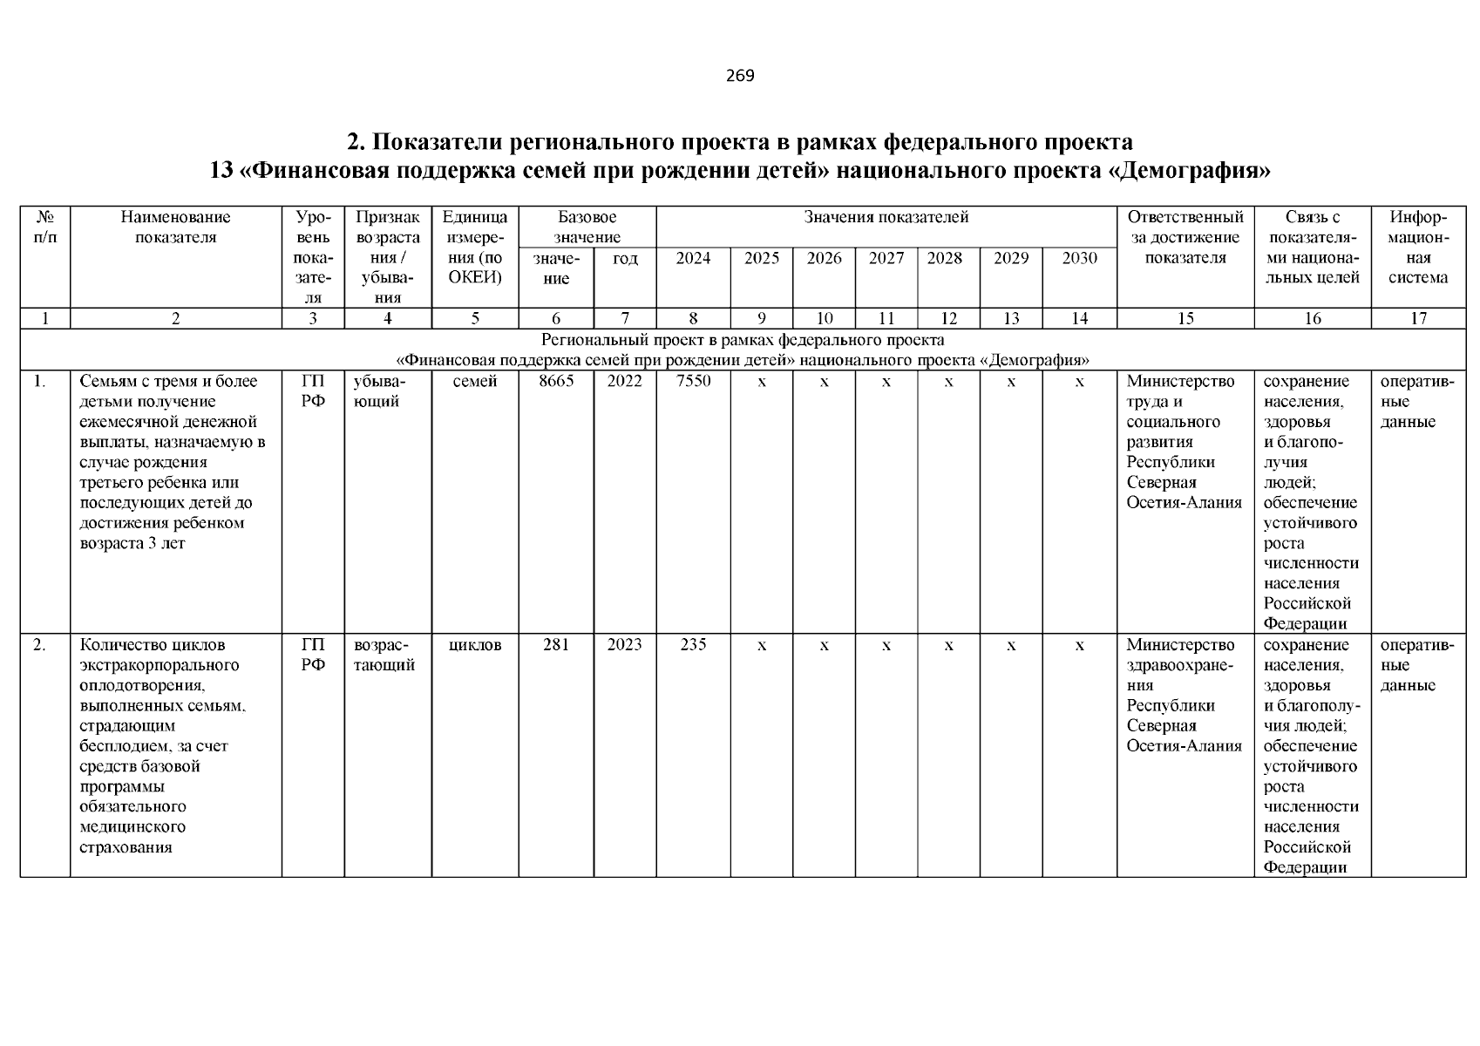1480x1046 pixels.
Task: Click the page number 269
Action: click(x=740, y=76)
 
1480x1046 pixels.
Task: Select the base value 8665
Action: click(x=556, y=381)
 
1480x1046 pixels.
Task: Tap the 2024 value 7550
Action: click(x=693, y=381)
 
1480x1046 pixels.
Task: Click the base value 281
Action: click(x=556, y=645)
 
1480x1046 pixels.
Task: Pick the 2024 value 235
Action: click(x=693, y=645)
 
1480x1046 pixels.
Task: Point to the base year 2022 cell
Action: click(x=625, y=381)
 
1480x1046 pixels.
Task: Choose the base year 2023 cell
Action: click(x=625, y=645)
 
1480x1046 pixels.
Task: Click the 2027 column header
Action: click(x=886, y=258)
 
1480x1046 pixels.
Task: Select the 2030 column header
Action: click(x=1080, y=258)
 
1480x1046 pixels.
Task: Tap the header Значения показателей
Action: click(x=886, y=217)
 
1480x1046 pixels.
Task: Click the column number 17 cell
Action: click(x=1418, y=318)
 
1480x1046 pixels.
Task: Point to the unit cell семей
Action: click(x=475, y=381)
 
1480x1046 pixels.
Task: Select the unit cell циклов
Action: click(x=475, y=645)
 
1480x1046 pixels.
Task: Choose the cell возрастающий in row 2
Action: click(x=384, y=655)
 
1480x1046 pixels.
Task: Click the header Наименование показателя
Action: click(x=176, y=227)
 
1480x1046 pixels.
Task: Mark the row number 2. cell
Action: click(x=40, y=645)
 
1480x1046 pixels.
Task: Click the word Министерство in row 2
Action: click(x=1180, y=645)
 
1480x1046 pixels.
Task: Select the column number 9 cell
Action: click(x=762, y=318)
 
